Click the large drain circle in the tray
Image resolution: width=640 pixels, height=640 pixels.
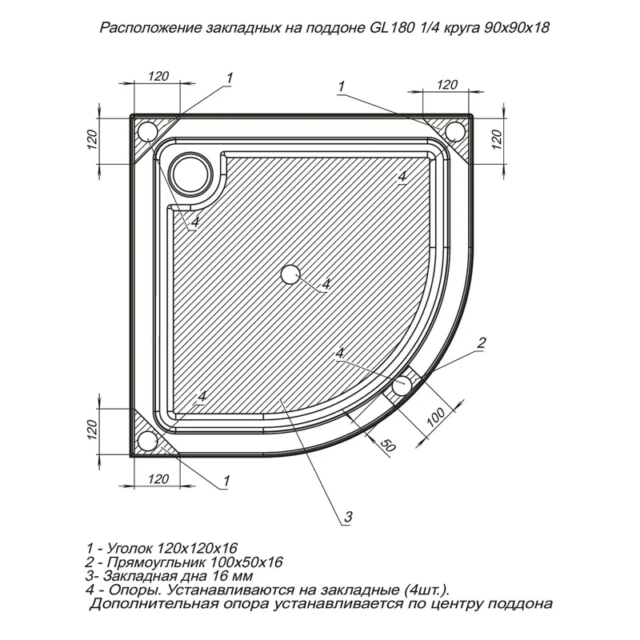[190, 170]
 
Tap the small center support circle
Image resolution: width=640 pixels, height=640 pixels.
[290, 274]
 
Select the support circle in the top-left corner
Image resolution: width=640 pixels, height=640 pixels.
[148, 131]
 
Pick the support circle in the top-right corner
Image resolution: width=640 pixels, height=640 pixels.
[454, 130]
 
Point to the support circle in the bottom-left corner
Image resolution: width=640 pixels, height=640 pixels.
[147, 442]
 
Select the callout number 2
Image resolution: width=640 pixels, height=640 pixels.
[481, 342]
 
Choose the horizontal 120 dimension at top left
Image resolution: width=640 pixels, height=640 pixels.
[158, 76]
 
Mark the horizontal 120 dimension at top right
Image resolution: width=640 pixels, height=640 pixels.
[447, 85]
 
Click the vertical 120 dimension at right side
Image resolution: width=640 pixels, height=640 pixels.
[494, 142]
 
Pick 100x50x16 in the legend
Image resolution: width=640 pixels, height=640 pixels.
[246, 562]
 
